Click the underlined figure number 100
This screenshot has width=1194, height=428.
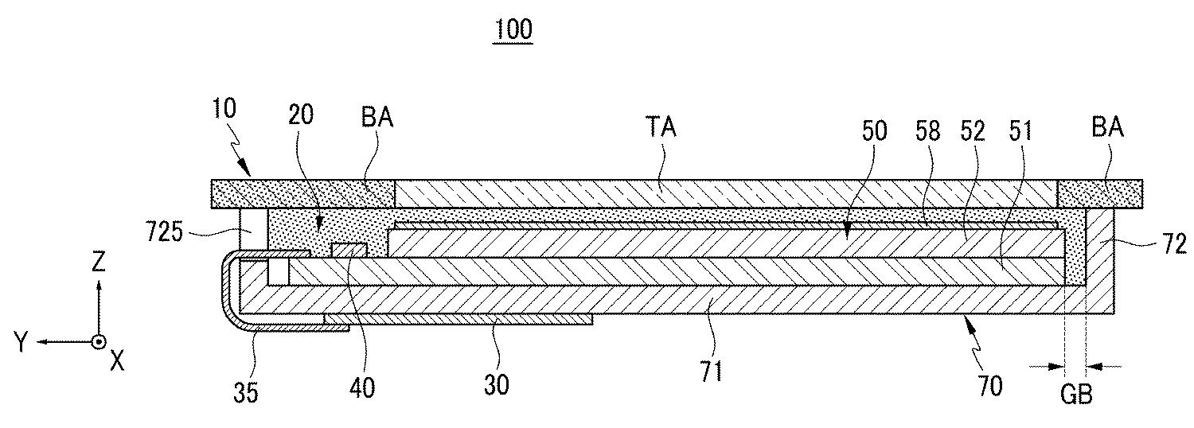click(513, 31)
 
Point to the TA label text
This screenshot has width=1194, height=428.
click(661, 126)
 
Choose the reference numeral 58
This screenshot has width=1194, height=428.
click(927, 131)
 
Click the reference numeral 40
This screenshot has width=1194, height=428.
click(363, 387)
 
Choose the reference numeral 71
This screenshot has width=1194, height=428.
click(711, 372)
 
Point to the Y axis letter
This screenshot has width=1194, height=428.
click(22, 343)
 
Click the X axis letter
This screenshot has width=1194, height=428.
click(117, 362)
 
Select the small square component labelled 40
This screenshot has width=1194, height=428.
click(348, 251)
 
